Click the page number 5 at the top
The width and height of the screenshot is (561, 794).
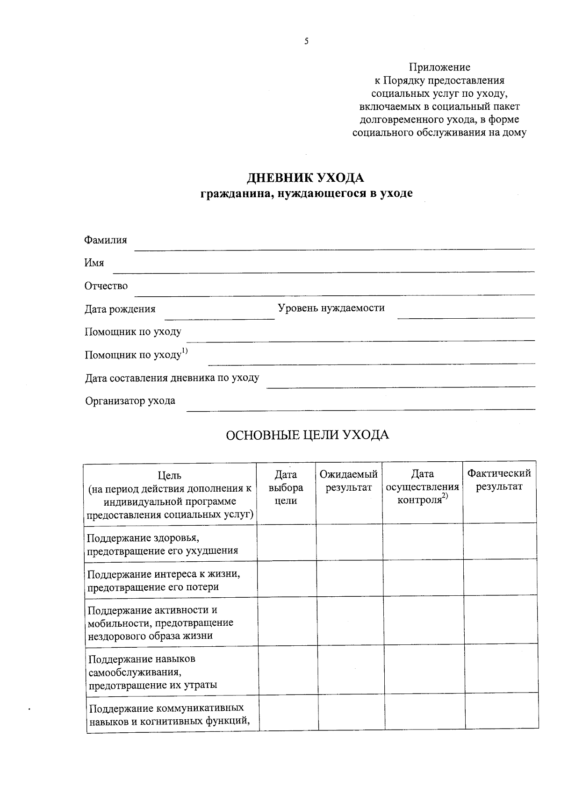pyautogui.click(x=306, y=42)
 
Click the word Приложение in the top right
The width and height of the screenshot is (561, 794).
pyautogui.click(x=439, y=67)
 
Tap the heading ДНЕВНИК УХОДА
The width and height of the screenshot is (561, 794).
pyautogui.click(x=305, y=178)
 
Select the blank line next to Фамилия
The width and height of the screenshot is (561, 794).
pyautogui.click(x=334, y=247)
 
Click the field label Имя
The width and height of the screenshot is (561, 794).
pyautogui.click(x=94, y=263)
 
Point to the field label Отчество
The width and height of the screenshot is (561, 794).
pyautogui.click(x=106, y=286)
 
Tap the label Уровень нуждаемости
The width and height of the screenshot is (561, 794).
pyautogui.click(x=331, y=308)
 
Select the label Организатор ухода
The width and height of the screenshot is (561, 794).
pyautogui.click(x=130, y=401)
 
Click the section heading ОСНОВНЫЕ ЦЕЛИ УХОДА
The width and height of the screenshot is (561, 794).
pyautogui.click(x=307, y=436)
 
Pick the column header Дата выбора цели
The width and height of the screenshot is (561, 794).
pyautogui.click(x=286, y=487)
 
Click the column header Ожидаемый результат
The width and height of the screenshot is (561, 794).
pyautogui.click(x=349, y=481)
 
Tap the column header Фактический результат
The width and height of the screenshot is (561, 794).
pyautogui.click(x=499, y=480)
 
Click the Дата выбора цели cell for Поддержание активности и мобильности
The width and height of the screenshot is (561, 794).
pyautogui.click(x=287, y=621)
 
